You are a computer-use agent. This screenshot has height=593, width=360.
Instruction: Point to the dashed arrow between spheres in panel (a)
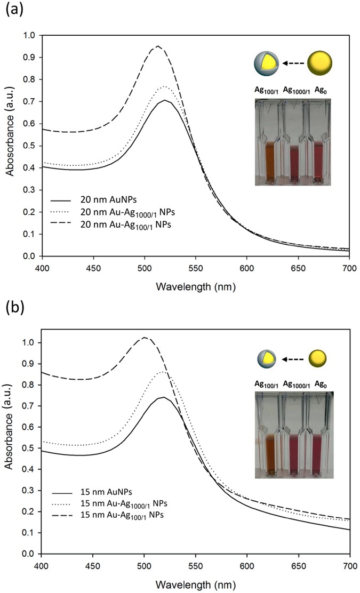click(290, 63)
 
